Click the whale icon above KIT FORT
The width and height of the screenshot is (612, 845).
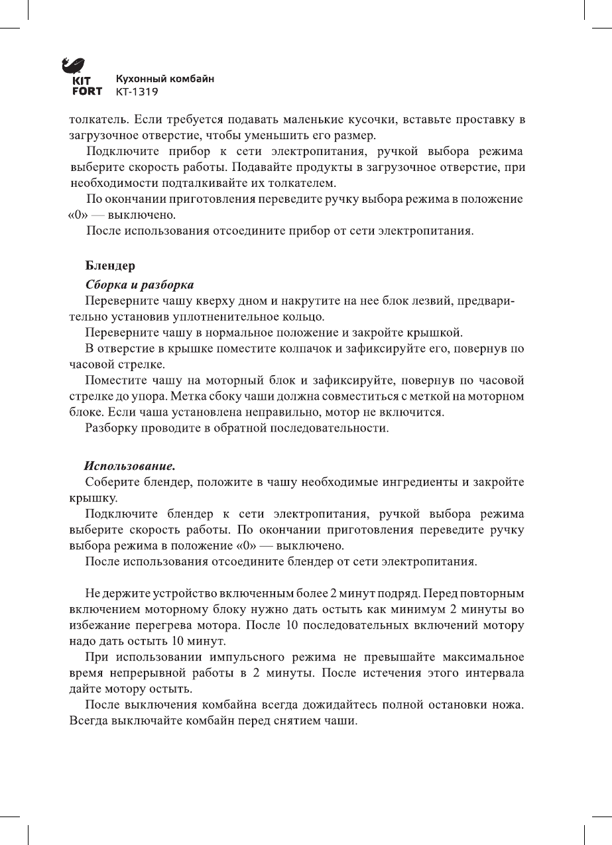pyautogui.click(x=72, y=66)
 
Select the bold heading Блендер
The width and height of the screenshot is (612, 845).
pyautogui.click(x=110, y=266)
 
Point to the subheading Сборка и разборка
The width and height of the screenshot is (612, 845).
pyautogui.click(x=140, y=285)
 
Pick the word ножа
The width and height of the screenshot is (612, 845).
pyautogui.click(x=512, y=704)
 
